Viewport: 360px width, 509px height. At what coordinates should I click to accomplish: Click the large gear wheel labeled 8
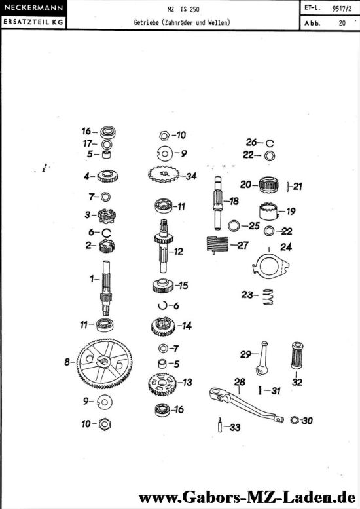tap(105, 364)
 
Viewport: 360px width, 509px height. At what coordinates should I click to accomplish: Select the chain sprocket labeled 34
tap(164, 176)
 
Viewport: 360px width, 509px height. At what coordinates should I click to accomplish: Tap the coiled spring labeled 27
tap(217, 244)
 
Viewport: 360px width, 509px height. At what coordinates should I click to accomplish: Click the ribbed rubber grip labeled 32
tap(297, 355)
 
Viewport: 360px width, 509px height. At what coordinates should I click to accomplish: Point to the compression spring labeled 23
tap(268, 296)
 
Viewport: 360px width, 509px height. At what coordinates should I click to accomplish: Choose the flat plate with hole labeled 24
tap(270, 266)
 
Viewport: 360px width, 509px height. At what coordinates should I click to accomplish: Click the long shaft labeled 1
tap(106, 288)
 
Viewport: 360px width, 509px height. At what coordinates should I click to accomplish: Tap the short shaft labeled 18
tap(218, 203)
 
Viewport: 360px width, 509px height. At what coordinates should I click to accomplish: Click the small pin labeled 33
tap(220, 425)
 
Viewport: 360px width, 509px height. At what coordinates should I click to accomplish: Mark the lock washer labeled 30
tap(295, 420)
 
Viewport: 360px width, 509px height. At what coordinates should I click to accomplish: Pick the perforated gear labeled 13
tap(162, 384)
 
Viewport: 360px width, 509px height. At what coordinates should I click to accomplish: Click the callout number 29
tap(245, 354)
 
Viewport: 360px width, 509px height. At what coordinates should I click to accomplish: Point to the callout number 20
tap(245, 185)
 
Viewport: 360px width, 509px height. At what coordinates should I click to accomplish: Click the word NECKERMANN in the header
tap(33, 8)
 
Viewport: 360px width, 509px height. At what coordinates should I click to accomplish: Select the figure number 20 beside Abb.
tap(342, 23)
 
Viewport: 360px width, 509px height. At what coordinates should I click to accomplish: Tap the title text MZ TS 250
tap(183, 9)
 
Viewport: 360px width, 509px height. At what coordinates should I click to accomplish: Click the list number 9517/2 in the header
tap(342, 9)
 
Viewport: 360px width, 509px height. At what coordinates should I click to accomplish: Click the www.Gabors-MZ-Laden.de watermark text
tap(247, 497)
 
